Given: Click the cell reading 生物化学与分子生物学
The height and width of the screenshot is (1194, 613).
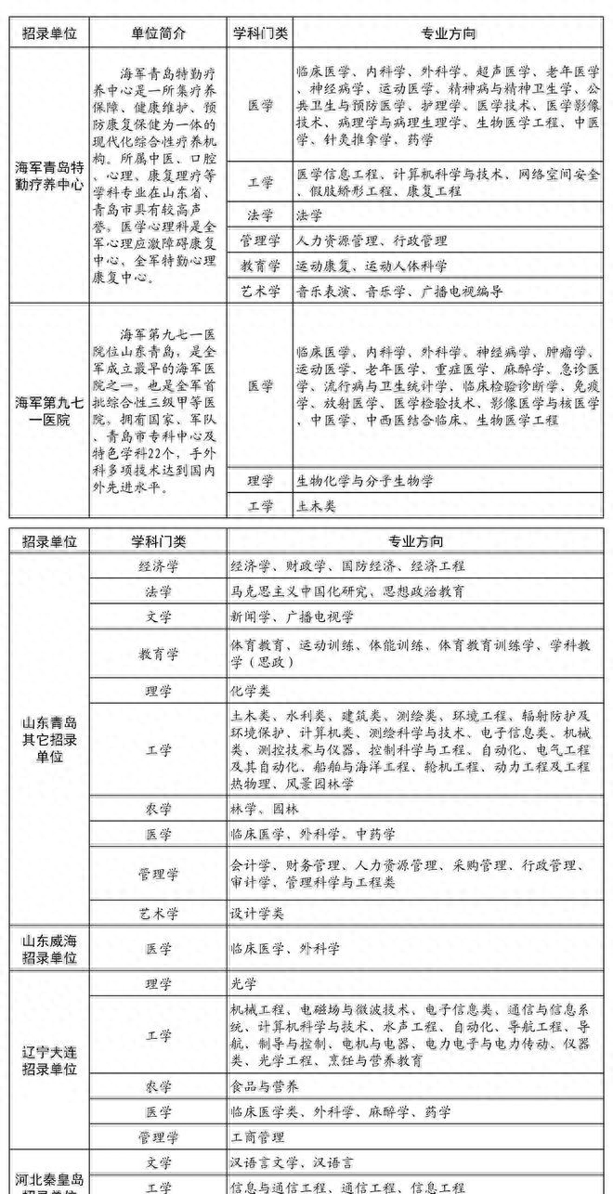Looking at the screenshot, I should [x=364, y=481].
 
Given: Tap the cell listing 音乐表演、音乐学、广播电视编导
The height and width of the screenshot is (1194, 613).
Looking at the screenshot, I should [x=399, y=292].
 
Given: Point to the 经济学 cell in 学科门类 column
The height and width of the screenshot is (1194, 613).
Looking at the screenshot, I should [x=160, y=565].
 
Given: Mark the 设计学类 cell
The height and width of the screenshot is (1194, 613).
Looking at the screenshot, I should [x=257, y=914].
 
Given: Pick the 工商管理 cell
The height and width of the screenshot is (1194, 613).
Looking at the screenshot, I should [x=257, y=1136].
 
